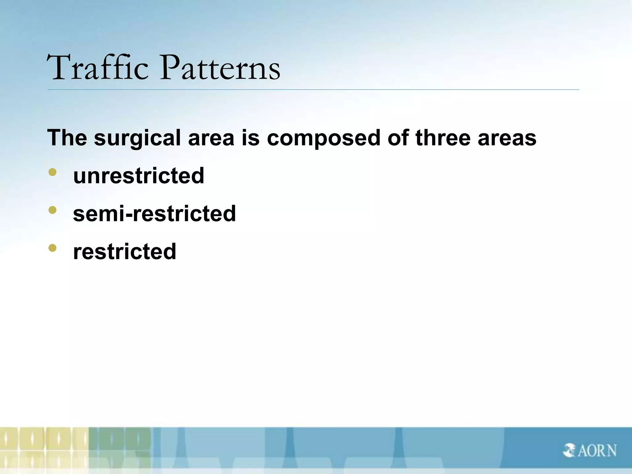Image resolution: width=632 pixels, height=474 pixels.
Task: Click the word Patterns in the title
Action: click(220, 68)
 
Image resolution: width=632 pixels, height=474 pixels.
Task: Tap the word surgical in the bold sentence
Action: click(137, 138)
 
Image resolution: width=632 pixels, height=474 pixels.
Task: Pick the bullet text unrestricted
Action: click(139, 176)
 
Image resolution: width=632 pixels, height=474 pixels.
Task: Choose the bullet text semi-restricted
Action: click(154, 214)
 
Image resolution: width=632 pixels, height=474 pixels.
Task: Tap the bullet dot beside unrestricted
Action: click(52, 172)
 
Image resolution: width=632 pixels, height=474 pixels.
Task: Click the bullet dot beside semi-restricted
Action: click(52, 210)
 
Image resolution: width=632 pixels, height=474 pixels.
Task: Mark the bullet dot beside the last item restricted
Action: click(52, 248)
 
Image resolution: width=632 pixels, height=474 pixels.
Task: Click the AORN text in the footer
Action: click(597, 451)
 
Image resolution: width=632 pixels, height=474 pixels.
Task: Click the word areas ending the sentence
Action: click(507, 138)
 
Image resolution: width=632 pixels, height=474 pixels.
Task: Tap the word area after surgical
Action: click(211, 138)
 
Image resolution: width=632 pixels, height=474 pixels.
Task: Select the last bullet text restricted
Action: click(124, 252)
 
